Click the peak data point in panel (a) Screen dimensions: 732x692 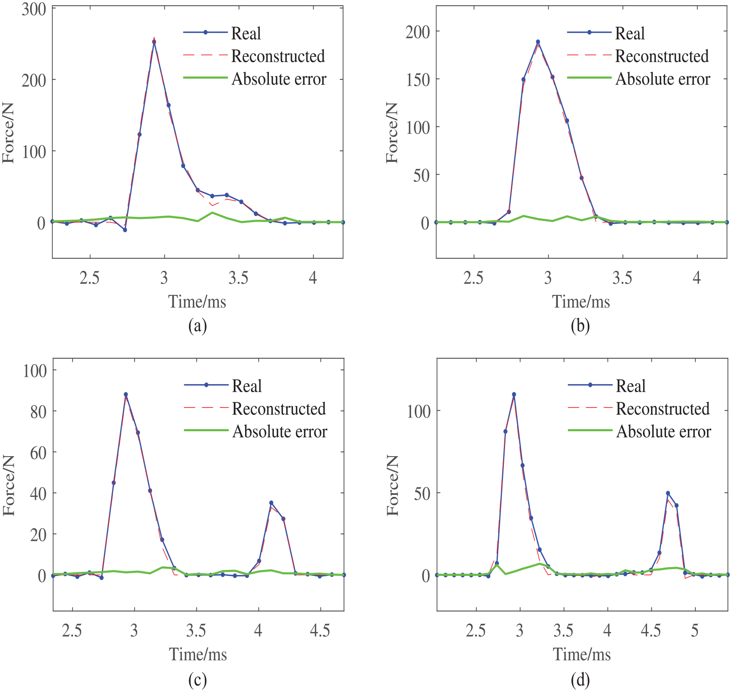tap(154, 42)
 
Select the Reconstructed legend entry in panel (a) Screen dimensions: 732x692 tap(254, 56)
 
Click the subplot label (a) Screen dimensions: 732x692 tap(198, 326)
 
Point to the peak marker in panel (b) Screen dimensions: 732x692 tap(538, 42)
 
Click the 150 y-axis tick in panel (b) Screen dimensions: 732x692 tap(418, 79)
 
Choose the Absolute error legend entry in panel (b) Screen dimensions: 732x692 tap(638, 79)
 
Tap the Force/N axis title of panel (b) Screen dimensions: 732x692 tap(392, 133)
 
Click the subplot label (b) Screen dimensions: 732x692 tap(580, 326)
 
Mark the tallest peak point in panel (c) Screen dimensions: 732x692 tap(126, 395)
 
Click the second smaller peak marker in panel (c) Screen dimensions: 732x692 tap(271, 503)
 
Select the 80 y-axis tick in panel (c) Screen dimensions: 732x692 tap(39, 411)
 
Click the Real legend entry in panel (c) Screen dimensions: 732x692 tap(223, 386)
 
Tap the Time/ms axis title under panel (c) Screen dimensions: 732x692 tap(198, 655)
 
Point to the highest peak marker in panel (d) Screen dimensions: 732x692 tap(514, 395)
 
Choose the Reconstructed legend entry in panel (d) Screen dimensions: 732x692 tap(638, 409)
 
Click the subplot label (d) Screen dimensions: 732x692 tap(580, 680)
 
